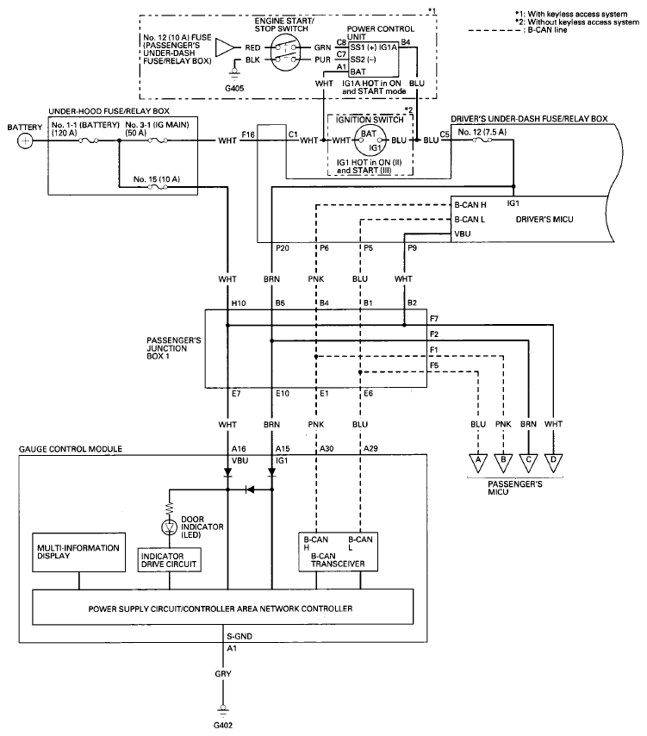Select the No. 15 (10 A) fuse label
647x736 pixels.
pyautogui.click(x=156, y=179)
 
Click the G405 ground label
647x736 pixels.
pyautogui.click(x=234, y=88)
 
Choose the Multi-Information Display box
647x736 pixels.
pyautogui.click(x=78, y=552)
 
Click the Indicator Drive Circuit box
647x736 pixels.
pyautogui.click(x=170, y=560)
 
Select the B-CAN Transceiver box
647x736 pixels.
pyautogui.click(x=338, y=552)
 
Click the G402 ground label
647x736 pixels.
pyautogui.click(x=223, y=725)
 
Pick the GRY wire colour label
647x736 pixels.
pyautogui.click(x=223, y=674)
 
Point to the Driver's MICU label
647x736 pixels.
pyautogui.click(x=544, y=219)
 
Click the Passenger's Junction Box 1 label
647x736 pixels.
pyautogui.click(x=174, y=348)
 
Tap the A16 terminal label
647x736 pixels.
pyautogui.click(x=239, y=449)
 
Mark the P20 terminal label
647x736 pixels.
pyautogui.click(x=283, y=248)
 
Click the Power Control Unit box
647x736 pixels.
pyautogui.click(x=373, y=59)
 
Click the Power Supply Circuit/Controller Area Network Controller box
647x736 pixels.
pyautogui.click(x=222, y=607)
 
